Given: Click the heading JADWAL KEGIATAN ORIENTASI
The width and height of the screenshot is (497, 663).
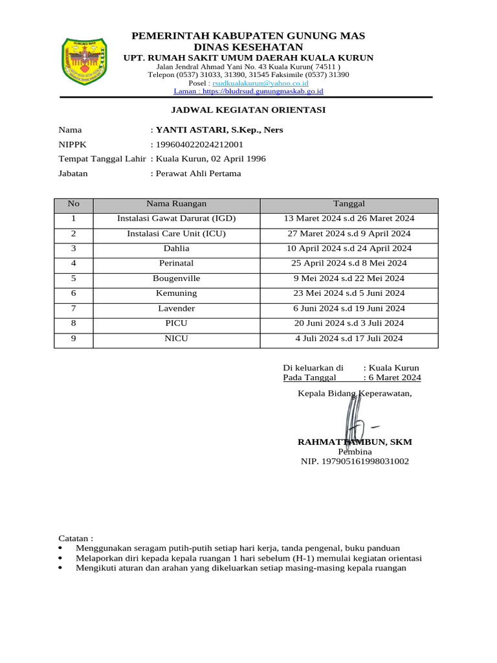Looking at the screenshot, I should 248,110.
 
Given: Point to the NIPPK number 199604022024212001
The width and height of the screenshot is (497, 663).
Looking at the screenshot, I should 200,144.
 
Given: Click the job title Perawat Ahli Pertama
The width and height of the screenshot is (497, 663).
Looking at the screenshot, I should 199,174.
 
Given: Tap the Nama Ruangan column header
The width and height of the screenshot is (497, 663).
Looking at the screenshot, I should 177,204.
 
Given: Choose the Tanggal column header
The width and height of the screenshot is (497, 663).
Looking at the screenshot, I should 349,204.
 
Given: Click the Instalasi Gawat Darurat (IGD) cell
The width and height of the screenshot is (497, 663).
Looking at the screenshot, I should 177,219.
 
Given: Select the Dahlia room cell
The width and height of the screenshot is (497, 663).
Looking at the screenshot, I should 177,249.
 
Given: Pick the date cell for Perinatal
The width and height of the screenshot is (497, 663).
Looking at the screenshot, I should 349,264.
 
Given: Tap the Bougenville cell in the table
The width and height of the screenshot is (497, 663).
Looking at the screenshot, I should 177,278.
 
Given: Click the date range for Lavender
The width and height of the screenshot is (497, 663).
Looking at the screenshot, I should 349,309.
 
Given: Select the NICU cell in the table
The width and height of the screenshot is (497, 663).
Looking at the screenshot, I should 177,339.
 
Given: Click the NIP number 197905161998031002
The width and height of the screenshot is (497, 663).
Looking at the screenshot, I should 355,462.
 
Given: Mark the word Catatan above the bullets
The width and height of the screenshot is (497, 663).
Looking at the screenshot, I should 76,539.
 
